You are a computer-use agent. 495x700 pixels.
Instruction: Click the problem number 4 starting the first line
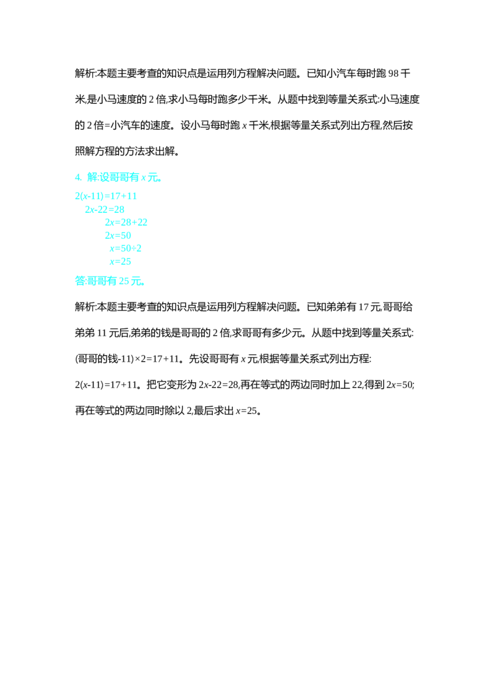coord(77,177)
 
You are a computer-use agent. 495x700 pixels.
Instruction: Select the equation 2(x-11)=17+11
coord(106,197)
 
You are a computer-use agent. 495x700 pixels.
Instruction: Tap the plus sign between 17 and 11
coord(124,197)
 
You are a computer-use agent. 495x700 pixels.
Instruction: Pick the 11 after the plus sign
coord(132,197)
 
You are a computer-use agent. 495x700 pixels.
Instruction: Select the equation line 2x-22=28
coord(105,210)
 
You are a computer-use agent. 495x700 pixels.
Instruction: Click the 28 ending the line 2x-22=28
coord(119,210)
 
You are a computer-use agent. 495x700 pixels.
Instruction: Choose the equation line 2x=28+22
coord(126,223)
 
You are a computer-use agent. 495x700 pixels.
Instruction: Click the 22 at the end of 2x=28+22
coord(142,223)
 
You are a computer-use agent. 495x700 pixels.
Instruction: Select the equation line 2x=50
coord(118,236)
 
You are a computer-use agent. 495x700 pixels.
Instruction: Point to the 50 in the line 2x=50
coord(126,236)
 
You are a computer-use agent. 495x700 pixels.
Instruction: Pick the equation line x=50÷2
coord(126,248)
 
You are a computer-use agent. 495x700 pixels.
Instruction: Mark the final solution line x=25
coord(121,262)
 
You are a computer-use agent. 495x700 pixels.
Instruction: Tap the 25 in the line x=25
coord(126,262)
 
